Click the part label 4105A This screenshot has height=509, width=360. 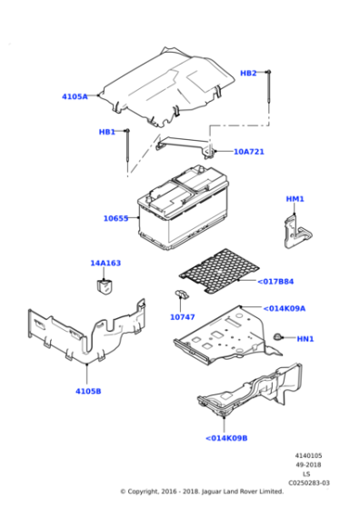point(75,96)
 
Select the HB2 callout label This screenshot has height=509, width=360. point(248,73)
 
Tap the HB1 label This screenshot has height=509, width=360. point(107,132)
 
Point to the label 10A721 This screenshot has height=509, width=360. point(248,152)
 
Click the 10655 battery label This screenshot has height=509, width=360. point(115,218)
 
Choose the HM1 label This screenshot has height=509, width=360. point(295,199)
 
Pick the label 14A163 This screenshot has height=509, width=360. point(105,264)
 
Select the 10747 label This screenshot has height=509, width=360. point(183,317)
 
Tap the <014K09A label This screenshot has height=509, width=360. point(284,308)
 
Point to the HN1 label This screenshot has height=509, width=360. point(305,339)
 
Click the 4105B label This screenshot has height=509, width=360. point(87,391)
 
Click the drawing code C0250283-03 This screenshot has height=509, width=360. point(311,483)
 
